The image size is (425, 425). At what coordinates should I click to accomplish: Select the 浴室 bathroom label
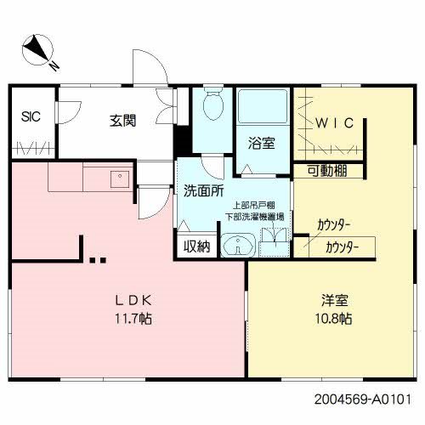pyautogui.click(x=262, y=143)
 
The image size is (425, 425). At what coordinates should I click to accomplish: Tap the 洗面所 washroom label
pyautogui.click(x=202, y=190)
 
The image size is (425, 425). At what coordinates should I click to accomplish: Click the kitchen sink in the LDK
pyautogui.click(x=116, y=179)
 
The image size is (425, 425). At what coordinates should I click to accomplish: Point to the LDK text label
pyautogui.click(x=133, y=300)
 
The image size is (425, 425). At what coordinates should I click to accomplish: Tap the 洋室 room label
pyautogui.click(x=333, y=300)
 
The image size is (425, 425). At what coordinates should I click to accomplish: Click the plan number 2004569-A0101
pyautogui.click(x=367, y=396)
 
